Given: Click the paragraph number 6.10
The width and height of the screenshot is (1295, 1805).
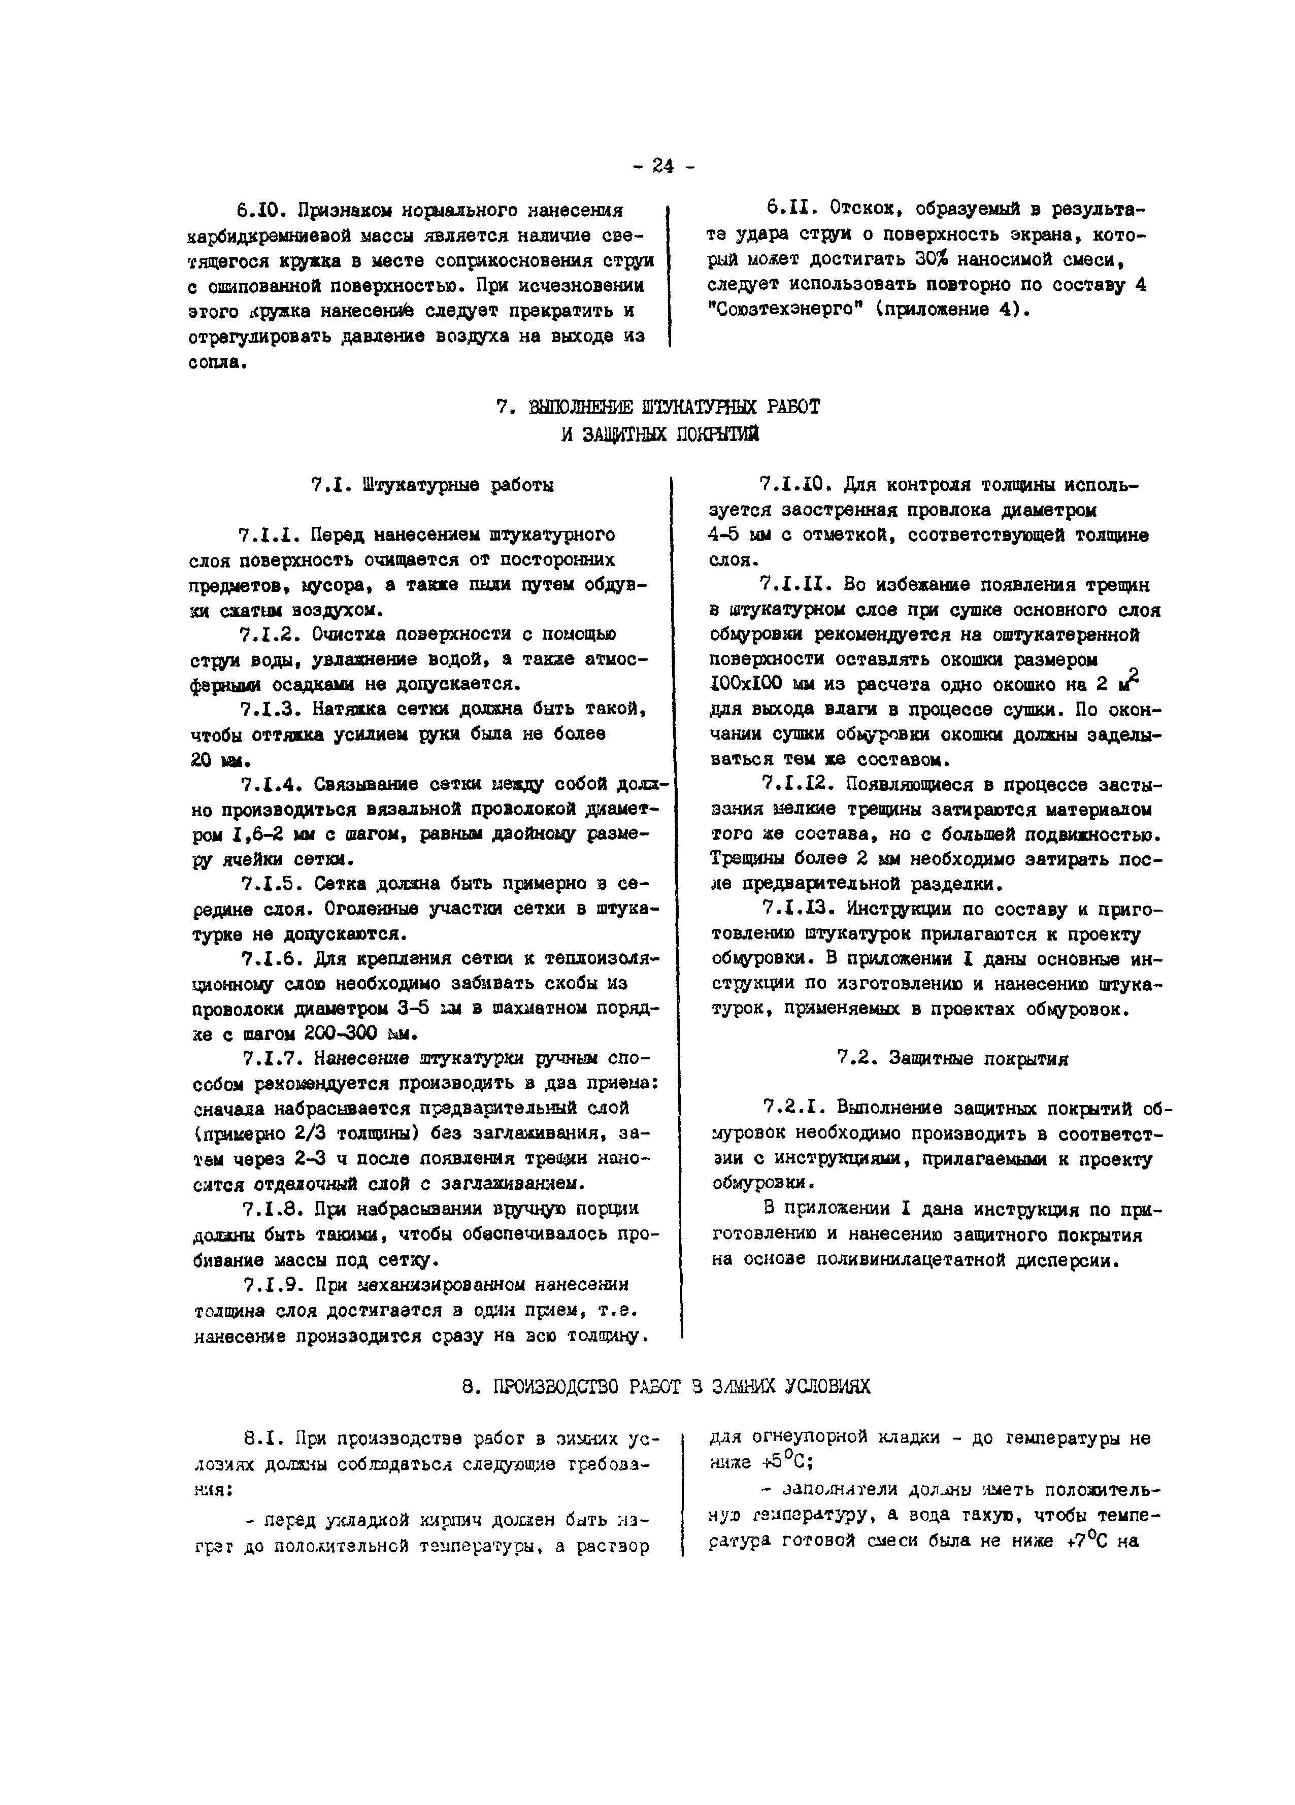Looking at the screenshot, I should pos(255,211).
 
